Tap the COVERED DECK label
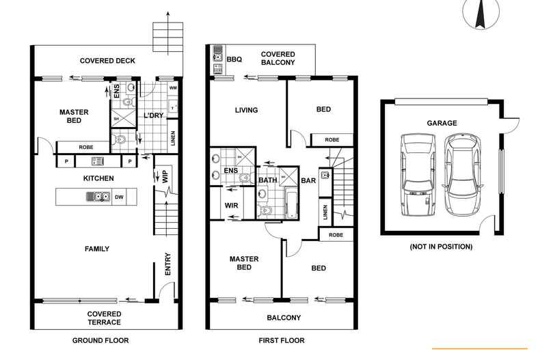pos(107,61)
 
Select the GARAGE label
pos(442,123)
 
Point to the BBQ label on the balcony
pos(234,59)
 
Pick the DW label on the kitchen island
pos(119,197)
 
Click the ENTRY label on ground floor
pos(167,265)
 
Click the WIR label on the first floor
pos(230,204)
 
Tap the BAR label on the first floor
pos(308,181)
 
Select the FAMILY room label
pos(97,249)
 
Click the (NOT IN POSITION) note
pos(441,246)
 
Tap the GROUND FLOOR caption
pos(100,340)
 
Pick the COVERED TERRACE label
pos(104,318)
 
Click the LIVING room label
pos(246,110)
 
